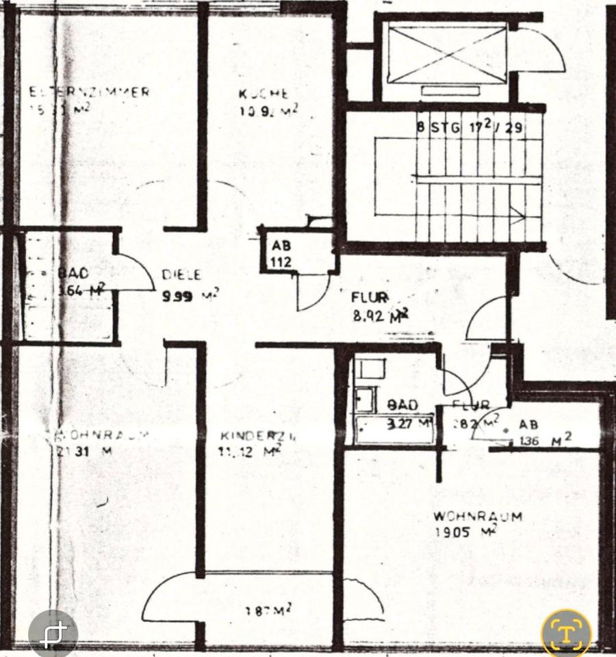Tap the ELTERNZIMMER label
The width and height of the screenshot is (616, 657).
click(89, 92)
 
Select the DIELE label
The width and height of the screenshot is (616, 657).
click(181, 275)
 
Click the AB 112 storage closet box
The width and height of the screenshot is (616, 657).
click(281, 254)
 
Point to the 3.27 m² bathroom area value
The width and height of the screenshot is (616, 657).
click(409, 423)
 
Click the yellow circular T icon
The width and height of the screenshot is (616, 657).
click(567, 631)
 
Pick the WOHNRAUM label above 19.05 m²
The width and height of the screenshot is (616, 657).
click(477, 516)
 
